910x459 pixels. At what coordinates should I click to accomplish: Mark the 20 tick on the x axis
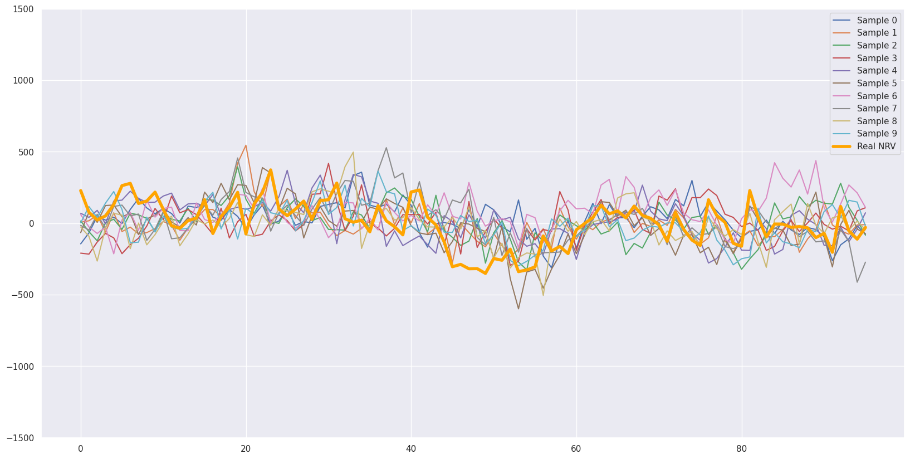246,449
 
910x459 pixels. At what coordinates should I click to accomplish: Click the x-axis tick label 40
411,449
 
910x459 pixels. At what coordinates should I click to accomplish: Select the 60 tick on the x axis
576,449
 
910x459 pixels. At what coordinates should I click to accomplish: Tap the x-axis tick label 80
741,449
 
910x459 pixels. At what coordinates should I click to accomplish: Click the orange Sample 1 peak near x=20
246,145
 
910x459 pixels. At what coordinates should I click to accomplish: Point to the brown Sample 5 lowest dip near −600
518,309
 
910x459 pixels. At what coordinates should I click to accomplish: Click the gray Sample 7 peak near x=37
386,148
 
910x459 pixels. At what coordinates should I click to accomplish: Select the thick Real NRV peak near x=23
271,170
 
